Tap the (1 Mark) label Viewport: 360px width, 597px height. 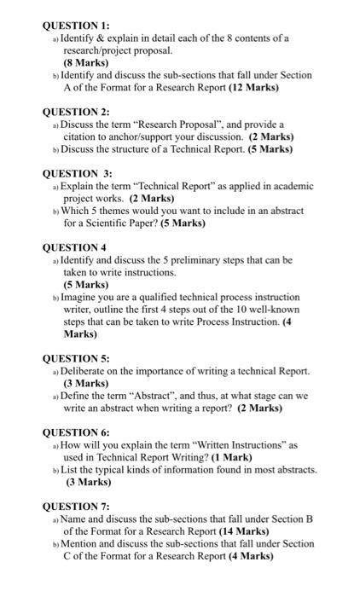(x=229, y=457)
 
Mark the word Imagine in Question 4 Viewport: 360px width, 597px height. (x=82, y=297)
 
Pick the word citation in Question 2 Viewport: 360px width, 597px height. (x=83, y=136)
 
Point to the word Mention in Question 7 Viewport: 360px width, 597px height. (x=83, y=543)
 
